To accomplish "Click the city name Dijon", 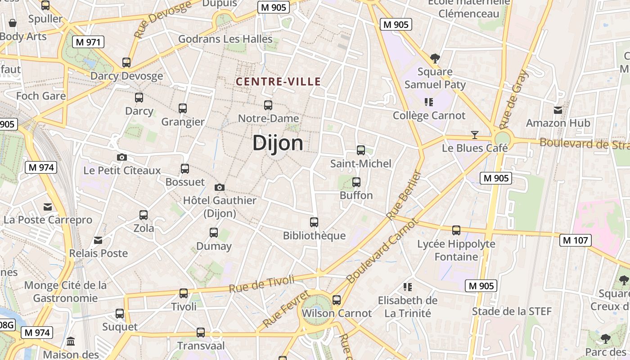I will (x=278, y=143).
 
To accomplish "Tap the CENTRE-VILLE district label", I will (x=278, y=81).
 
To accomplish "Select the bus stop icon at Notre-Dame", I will (x=268, y=105).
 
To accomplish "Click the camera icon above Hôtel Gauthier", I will (x=220, y=187).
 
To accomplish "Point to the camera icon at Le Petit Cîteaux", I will (x=121, y=157).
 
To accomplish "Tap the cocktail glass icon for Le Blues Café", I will (x=474, y=135).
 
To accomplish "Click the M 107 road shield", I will (x=576, y=240).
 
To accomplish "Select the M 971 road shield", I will (x=88, y=42).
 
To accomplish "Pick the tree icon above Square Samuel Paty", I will (x=435, y=58).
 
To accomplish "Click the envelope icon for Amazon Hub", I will (x=558, y=110).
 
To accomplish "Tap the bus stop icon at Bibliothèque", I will (x=314, y=222).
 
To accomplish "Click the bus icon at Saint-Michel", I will (x=360, y=150).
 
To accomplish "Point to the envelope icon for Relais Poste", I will (x=98, y=240).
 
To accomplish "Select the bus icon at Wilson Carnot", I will (x=337, y=300).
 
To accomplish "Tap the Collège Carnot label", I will (x=429, y=116).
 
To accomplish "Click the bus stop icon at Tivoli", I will (x=184, y=293).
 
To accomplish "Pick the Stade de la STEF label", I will (x=512, y=311).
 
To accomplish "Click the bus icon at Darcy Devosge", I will (x=126, y=63).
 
